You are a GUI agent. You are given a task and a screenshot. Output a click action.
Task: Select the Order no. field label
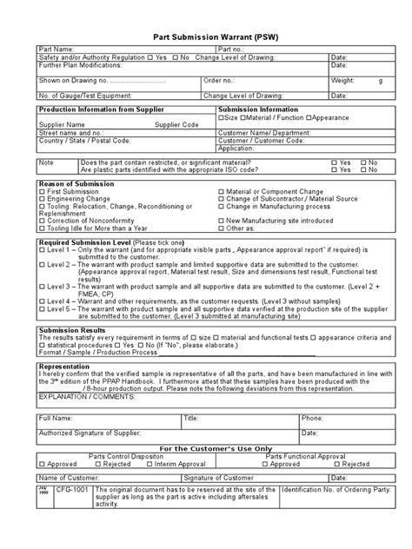tap(220, 80)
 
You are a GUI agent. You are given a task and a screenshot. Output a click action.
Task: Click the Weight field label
tap(343, 80)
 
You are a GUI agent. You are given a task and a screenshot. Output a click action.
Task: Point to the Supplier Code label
tap(176, 124)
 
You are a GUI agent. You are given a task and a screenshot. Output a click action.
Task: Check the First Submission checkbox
tap(42, 193)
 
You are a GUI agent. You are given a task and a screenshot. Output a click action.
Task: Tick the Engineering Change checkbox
tap(42, 200)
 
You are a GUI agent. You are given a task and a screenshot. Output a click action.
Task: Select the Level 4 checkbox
tap(42, 301)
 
